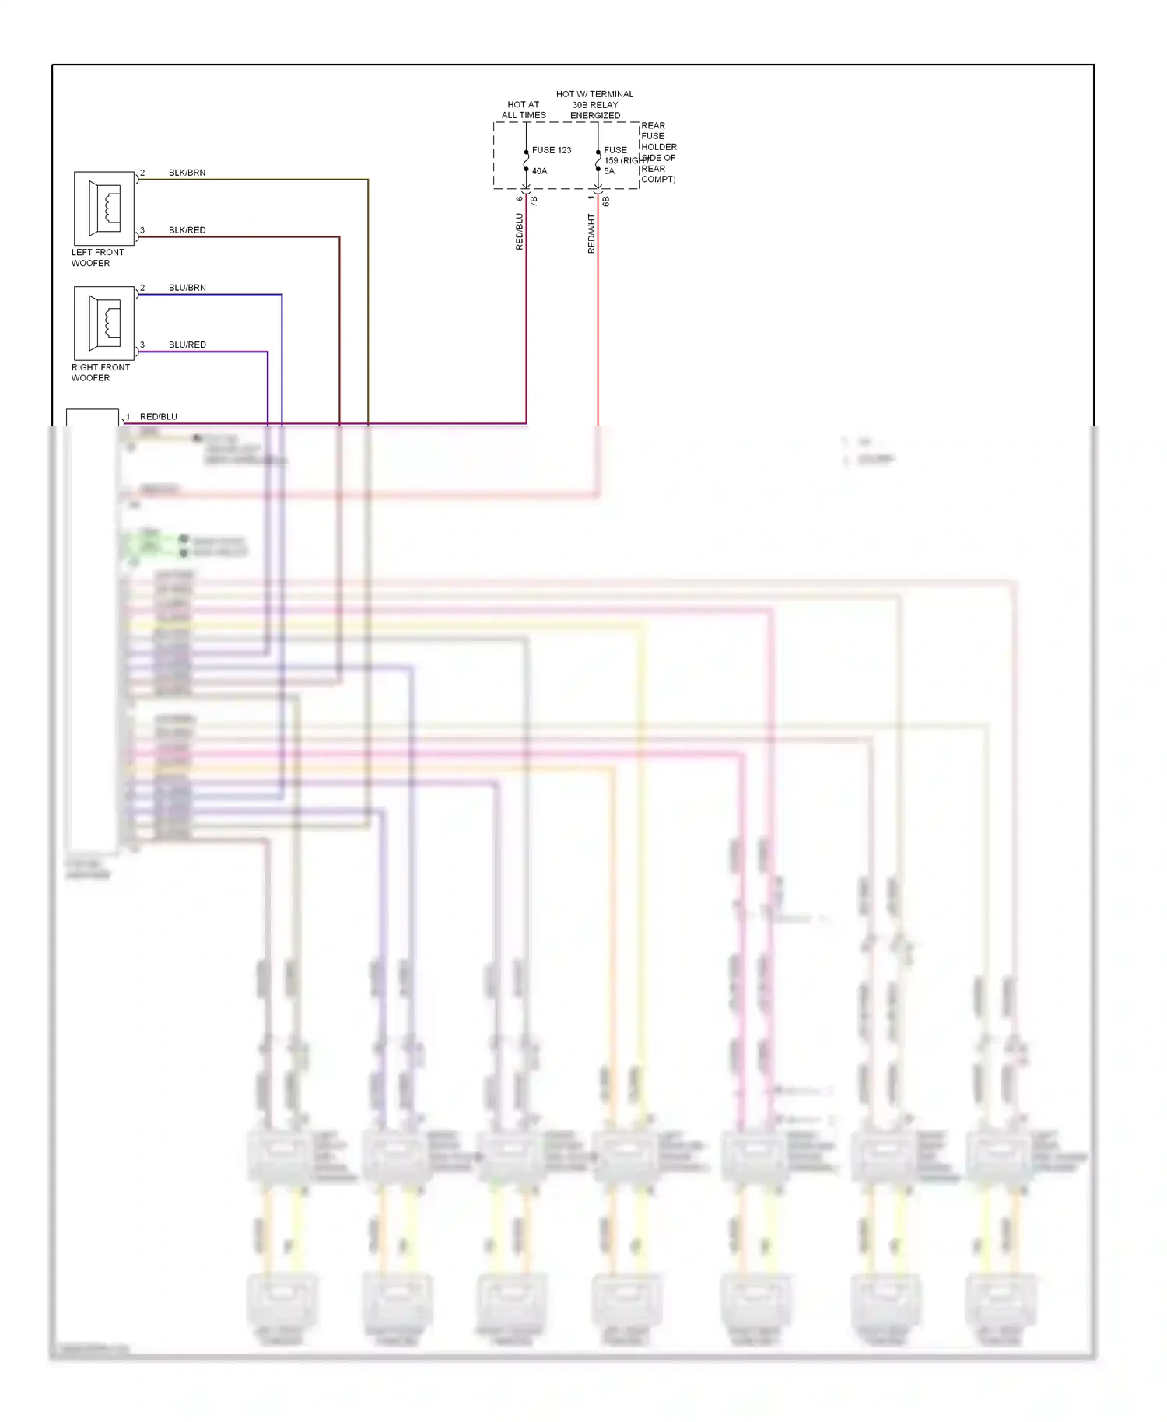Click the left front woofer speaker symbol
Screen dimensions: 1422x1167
pyautogui.click(x=104, y=208)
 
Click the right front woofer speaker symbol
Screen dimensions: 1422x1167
pyautogui.click(x=104, y=323)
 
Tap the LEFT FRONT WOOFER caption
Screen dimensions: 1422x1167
pyautogui.click(x=97, y=257)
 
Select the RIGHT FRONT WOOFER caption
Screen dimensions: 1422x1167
pyautogui.click(x=100, y=373)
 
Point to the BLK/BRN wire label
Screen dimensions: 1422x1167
pyautogui.click(x=187, y=173)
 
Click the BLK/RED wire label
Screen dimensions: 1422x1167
pyautogui.click(x=187, y=230)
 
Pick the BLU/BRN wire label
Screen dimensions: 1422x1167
pyautogui.click(x=187, y=288)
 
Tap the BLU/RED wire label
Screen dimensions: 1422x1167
pyautogui.click(x=187, y=345)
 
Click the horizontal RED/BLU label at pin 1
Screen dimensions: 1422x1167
pyautogui.click(x=158, y=417)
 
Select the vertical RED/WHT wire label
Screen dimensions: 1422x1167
pyautogui.click(x=591, y=233)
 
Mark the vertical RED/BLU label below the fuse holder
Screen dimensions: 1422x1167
pyautogui.click(x=520, y=232)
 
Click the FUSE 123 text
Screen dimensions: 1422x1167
pyautogui.click(x=551, y=150)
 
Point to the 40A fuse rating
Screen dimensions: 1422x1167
pyautogui.click(x=539, y=171)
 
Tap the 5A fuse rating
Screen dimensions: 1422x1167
pyautogui.click(x=609, y=171)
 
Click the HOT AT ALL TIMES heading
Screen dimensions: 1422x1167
pyautogui.click(x=524, y=110)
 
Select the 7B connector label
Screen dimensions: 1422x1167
pyautogui.click(x=534, y=201)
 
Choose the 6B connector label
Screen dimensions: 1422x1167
pyautogui.click(x=606, y=201)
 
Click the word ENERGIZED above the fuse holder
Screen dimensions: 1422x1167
pyautogui.click(x=595, y=115)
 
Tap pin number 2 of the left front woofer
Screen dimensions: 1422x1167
pyautogui.click(x=142, y=173)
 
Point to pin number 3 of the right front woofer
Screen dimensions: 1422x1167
pyautogui.click(x=142, y=345)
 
